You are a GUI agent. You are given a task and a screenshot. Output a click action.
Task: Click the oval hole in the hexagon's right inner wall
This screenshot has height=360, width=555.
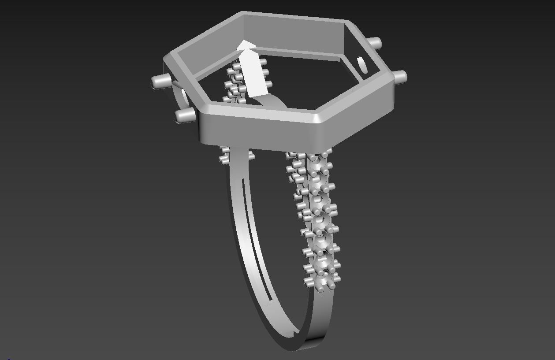363,65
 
